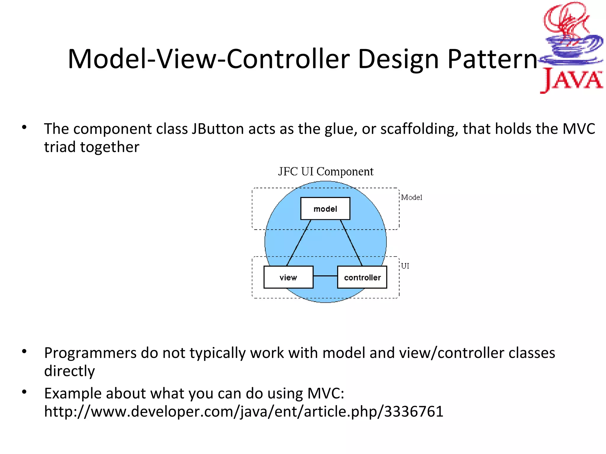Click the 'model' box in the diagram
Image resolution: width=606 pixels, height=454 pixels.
pyautogui.click(x=325, y=209)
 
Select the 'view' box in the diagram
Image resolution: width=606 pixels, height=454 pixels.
pyautogui.click(x=288, y=277)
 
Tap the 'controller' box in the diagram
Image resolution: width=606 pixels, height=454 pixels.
pyautogui.click(x=362, y=277)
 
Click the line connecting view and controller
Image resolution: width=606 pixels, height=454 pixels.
pyautogui.click(x=325, y=276)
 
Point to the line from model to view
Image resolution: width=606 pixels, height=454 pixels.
pyautogui.click(x=298, y=243)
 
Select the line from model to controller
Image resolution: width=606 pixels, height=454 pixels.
pyautogui.click(x=351, y=243)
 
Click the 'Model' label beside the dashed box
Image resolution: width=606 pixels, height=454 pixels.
pyautogui.click(x=412, y=197)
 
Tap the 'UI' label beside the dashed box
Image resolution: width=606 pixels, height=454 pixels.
pyautogui.click(x=405, y=266)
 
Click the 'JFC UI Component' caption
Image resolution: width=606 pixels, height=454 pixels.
pyautogui.click(x=325, y=172)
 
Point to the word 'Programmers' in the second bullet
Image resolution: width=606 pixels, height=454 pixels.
pyautogui.click(x=90, y=353)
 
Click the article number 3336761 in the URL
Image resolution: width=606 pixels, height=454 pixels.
pyautogui.click(x=414, y=411)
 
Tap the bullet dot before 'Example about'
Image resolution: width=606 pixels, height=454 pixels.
pyautogui.click(x=24, y=393)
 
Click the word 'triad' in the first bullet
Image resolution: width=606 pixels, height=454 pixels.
pyautogui.click(x=60, y=147)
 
